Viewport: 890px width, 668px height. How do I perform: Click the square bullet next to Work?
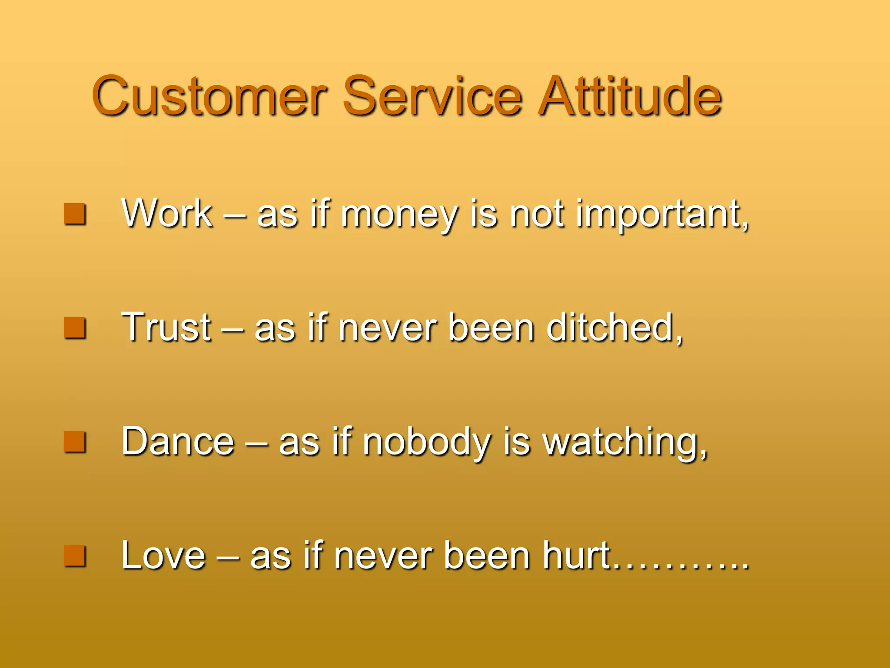[x=74, y=214]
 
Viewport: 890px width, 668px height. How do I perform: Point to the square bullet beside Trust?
[x=74, y=327]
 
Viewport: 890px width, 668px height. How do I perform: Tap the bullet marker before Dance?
[x=74, y=441]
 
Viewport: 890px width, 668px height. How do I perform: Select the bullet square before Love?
[x=74, y=555]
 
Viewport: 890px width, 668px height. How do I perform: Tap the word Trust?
[x=166, y=327]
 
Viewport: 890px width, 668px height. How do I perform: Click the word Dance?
[x=178, y=441]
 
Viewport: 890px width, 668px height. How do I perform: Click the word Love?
[x=163, y=555]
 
